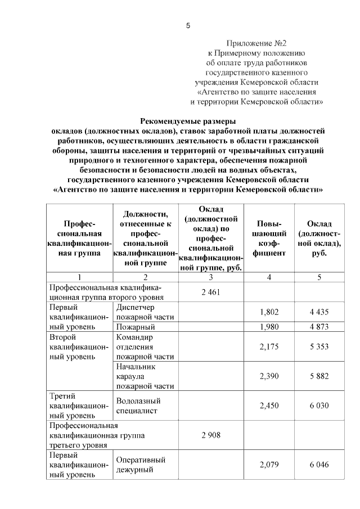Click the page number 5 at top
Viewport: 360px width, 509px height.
(188, 26)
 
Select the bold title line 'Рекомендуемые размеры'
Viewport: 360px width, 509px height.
(188, 120)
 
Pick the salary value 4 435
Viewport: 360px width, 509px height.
(319, 312)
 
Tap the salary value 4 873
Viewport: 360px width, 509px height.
(319, 326)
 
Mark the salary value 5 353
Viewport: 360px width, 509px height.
(319, 346)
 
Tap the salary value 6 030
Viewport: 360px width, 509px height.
(319, 406)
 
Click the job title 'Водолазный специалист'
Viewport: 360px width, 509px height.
(138, 406)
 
